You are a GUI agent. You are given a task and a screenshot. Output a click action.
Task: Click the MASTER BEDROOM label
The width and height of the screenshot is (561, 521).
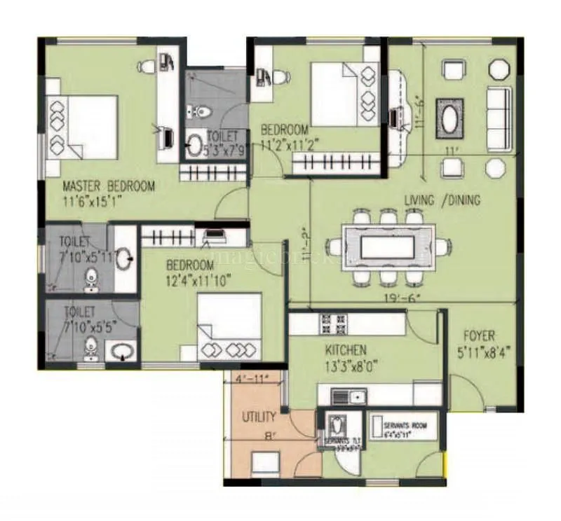tap(109, 186)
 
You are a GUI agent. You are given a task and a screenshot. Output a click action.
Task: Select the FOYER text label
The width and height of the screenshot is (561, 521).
tap(479, 335)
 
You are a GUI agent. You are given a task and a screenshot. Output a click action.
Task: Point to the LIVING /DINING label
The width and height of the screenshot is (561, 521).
tap(442, 201)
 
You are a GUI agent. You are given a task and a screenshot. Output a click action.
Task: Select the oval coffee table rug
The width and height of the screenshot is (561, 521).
tap(450, 117)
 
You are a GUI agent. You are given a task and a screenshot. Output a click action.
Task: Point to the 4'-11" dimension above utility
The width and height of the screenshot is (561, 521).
tap(251, 380)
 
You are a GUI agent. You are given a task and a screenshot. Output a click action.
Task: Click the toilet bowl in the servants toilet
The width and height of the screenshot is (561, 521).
tap(335, 425)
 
